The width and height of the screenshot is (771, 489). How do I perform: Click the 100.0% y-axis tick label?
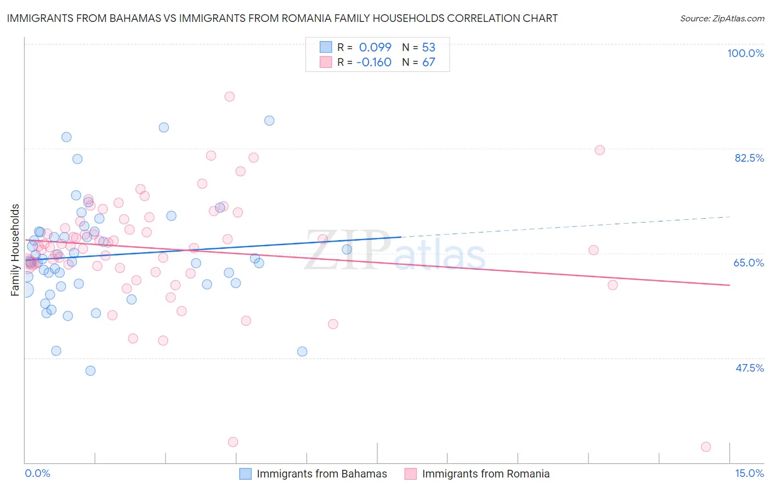pos(745,53)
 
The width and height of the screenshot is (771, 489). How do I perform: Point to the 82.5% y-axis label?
pos(749,158)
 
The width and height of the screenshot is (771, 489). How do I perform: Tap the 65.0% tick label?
pos(749,263)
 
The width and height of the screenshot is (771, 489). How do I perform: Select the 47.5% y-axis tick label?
pos(749,368)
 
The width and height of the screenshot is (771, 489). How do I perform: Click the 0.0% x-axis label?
pos(37,473)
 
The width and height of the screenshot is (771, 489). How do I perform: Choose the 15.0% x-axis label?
pos(749,473)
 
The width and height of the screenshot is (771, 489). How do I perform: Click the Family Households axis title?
pos(15,250)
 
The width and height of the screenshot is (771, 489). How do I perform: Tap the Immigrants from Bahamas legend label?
pos(322,474)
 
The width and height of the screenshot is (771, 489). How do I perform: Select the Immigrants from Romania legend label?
pos(485,474)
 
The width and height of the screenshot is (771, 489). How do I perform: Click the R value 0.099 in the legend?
pos(375,47)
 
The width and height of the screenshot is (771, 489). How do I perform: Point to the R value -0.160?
pos(373,62)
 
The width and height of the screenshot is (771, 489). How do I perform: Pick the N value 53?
pos(428,47)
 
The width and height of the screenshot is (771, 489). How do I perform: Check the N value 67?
pos(428,62)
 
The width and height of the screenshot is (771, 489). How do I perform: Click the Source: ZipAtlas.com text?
pos(722,18)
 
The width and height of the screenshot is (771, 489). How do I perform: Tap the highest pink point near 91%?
pos(230,96)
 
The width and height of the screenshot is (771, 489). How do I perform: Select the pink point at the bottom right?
pos(706,447)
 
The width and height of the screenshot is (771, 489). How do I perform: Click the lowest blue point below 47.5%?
pos(90,371)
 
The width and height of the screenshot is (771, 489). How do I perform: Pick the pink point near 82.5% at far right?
pos(599,150)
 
